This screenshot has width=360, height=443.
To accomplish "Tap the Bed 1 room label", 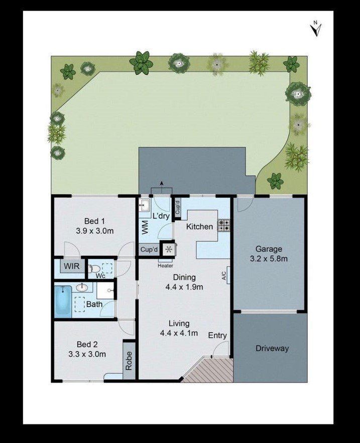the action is [94, 221].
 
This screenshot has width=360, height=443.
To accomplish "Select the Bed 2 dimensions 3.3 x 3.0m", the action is [87, 354].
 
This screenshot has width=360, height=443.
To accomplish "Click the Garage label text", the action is [269, 249].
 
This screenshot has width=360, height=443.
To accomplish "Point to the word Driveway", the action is [272, 348].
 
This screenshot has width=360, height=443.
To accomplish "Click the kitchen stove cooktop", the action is [223, 225].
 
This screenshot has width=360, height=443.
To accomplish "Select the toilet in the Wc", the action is [94, 268].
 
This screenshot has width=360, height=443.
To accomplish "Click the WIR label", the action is [72, 266].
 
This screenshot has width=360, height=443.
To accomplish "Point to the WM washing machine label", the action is [145, 228].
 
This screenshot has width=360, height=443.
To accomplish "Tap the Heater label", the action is [165, 266].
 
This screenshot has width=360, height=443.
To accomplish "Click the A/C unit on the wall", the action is [227, 275].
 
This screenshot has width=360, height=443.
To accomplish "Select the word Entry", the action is [217, 335].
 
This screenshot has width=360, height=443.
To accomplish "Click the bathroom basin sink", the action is [82, 288].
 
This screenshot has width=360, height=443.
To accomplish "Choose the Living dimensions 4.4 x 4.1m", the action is [179, 333].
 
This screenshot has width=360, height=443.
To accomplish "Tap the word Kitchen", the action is [200, 227].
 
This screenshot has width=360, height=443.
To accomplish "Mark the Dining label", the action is [184, 277].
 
